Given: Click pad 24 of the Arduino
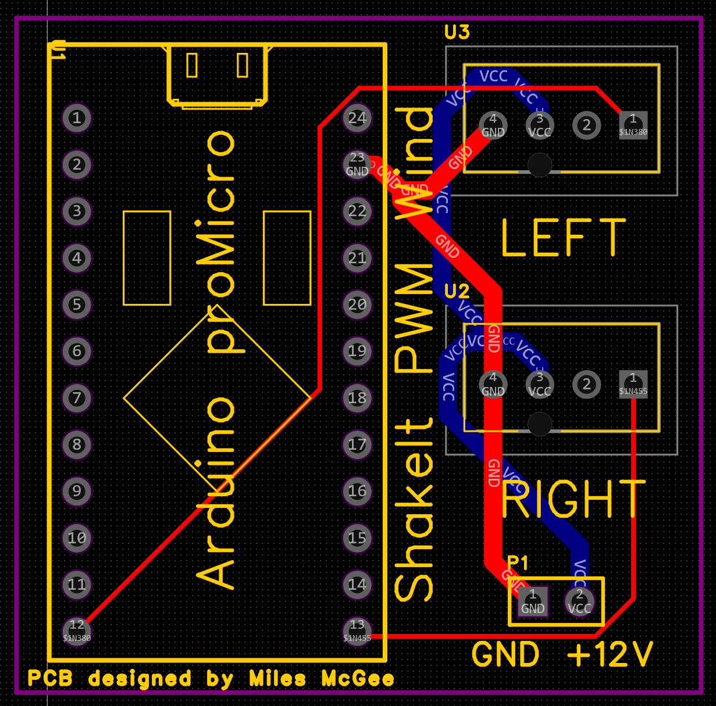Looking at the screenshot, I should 357,118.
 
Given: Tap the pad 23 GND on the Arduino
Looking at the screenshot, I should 357,164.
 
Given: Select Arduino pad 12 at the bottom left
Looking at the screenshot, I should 77,630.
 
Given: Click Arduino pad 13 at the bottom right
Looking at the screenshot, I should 357,630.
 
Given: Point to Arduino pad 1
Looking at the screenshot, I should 77,118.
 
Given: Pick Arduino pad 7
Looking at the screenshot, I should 77,398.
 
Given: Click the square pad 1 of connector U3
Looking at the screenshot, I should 633,125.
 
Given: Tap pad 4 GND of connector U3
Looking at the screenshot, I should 493,125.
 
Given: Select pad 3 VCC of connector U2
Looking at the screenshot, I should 540,384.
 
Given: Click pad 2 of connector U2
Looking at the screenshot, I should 586,384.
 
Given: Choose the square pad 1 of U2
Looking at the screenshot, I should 633,384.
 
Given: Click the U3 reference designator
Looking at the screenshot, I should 457,33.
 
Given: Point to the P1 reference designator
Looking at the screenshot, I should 518,563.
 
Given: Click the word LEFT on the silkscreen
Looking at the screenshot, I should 562,238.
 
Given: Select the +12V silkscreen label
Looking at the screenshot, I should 610,655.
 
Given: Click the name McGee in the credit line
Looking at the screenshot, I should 357,679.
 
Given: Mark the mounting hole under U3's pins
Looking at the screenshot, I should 540,165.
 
